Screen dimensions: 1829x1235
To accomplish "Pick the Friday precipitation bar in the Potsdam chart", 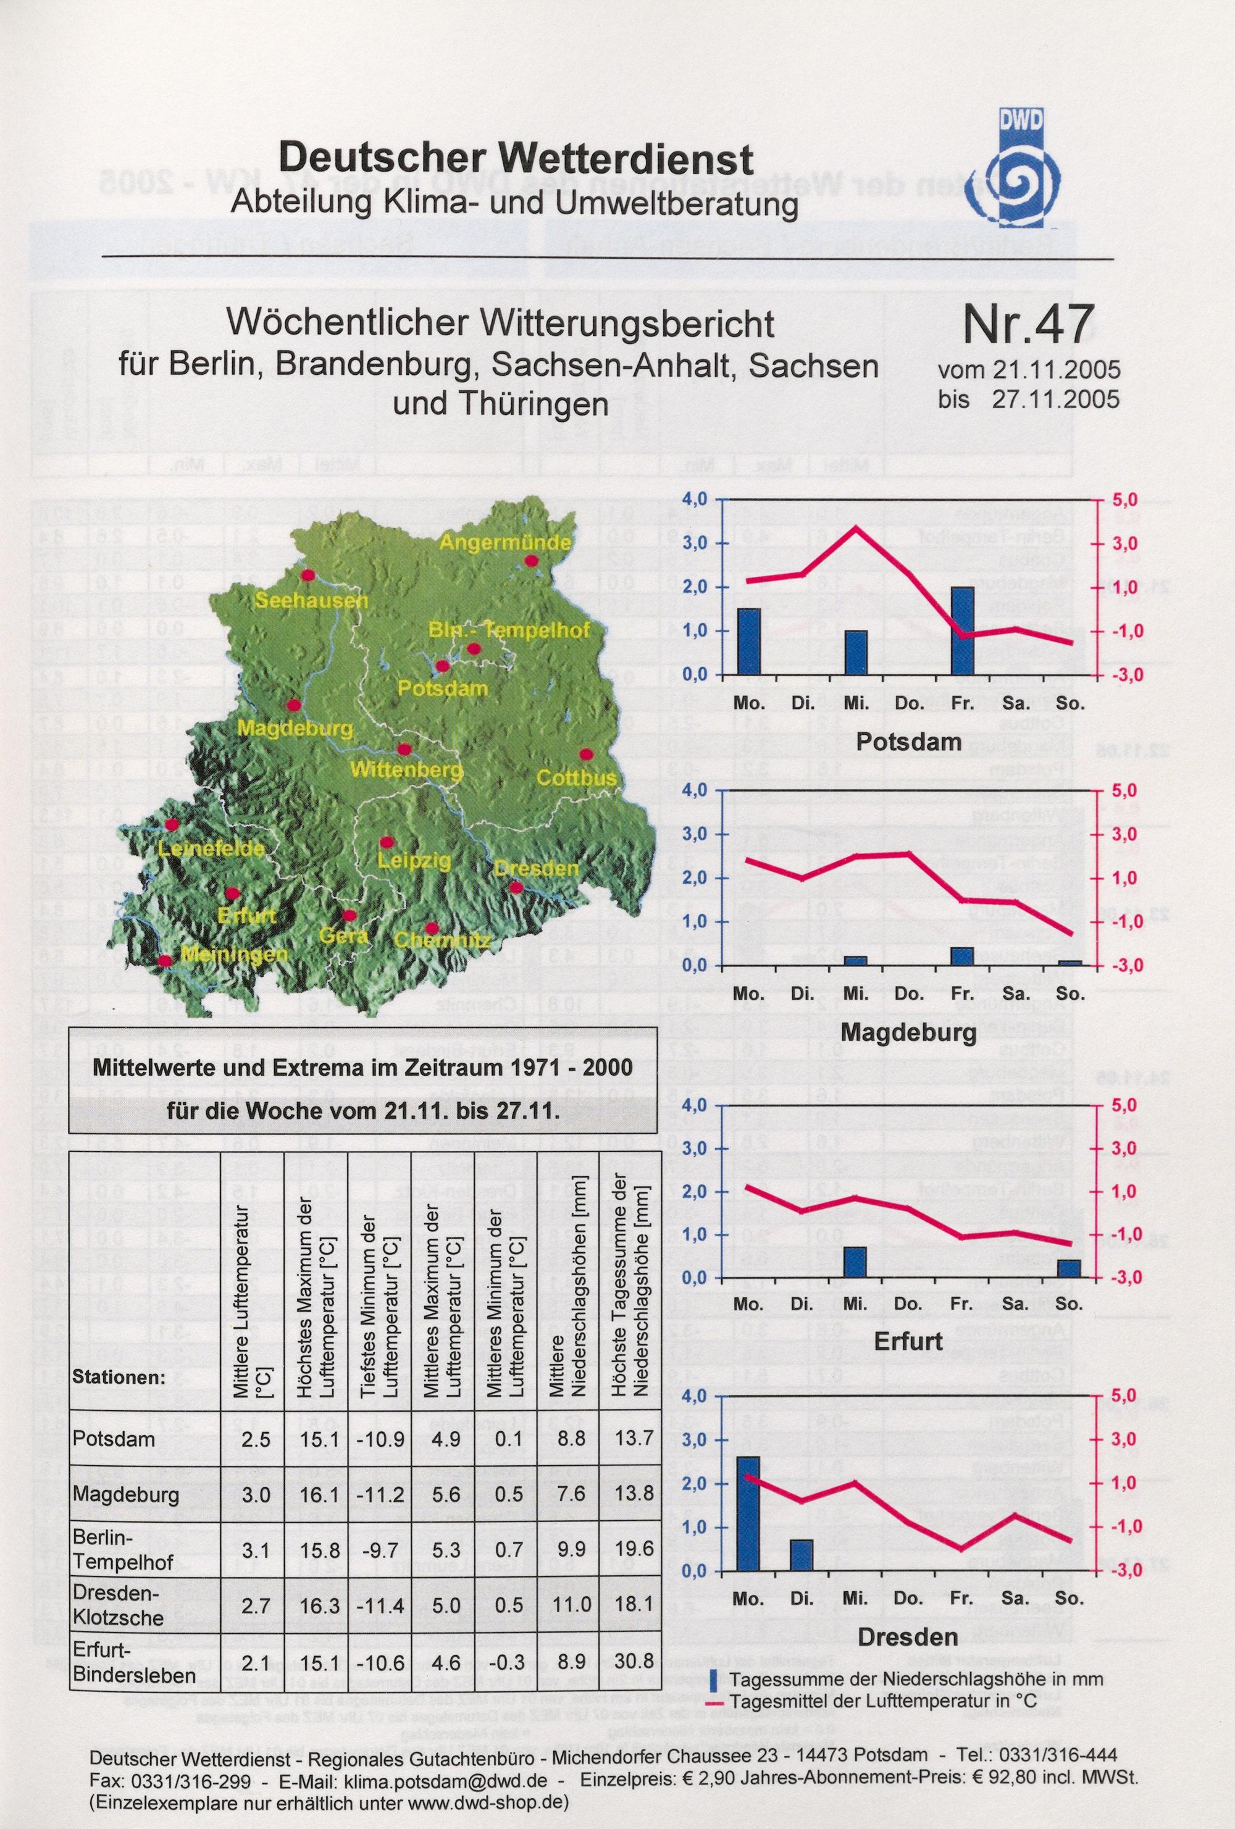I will click(x=962, y=630).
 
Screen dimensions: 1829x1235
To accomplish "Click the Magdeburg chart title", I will click(x=908, y=1032).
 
